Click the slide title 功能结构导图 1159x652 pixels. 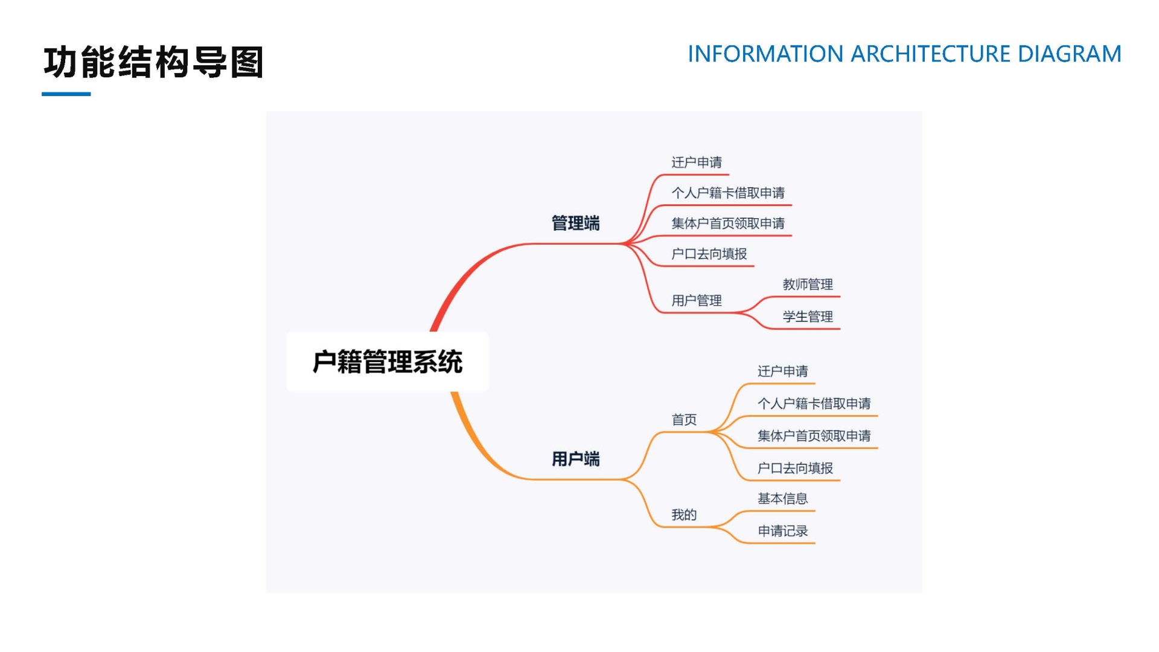click(x=153, y=62)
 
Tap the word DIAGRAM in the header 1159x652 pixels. click(x=1069, y=54)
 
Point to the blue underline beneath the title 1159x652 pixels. click(x=66, y=94)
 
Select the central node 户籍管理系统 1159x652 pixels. click(x=387, y=362)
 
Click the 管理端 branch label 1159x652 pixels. click(x=575, y=223)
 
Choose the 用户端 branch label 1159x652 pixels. click(x=575, y=459)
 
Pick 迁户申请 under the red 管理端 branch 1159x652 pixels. click(x=697, y=162)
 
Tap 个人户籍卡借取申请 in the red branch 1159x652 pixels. click(x=728, y=193)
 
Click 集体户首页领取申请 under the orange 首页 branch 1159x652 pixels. click(x=814, y=436)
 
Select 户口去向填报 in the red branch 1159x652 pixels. click(x=709, y=254)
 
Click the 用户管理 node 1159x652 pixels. click(x=697, y=300)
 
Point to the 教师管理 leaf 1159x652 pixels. click(x=808, y=284)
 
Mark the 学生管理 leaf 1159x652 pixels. click(x=808, y=316)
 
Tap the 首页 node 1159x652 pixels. click(x=684, y=419)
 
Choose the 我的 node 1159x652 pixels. click(x=684, y=514)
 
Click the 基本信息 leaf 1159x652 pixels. click(x=782, y=499)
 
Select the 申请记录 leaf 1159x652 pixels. click(x=782, y=531)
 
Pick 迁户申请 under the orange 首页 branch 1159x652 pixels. click(x=782, y=371)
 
